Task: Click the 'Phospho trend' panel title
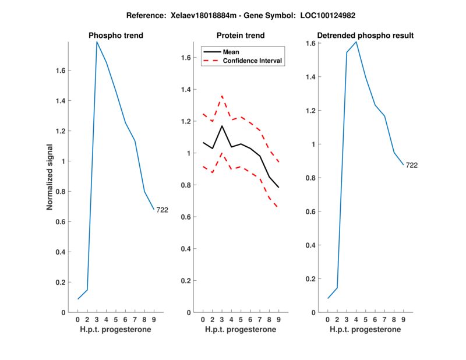pyautogui.click(x=116, y=36)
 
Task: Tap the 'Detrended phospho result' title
pyautogui.click(x=365, y=36)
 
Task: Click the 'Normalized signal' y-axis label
pyautogui.click(x=50, y=177)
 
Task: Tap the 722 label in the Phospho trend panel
pyautogui.click(x=162, y=210)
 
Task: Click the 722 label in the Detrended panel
pyautogui.click(x=412, y=165)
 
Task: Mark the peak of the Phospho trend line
pyautogui.click(x=97, y=41)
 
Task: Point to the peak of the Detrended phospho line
pyautogui.click(x=356, y=41)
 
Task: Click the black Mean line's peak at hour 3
pyautogui.click(x=222, y=126)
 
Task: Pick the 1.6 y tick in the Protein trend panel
pyautogui.click(x=186, y=58)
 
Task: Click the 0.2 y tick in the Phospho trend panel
pyautogui.click(x=60, y=283)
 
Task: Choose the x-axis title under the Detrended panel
pyautogui.click(x=365, y=330)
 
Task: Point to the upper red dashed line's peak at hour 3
pyautogui.click(x=222, y=96)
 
